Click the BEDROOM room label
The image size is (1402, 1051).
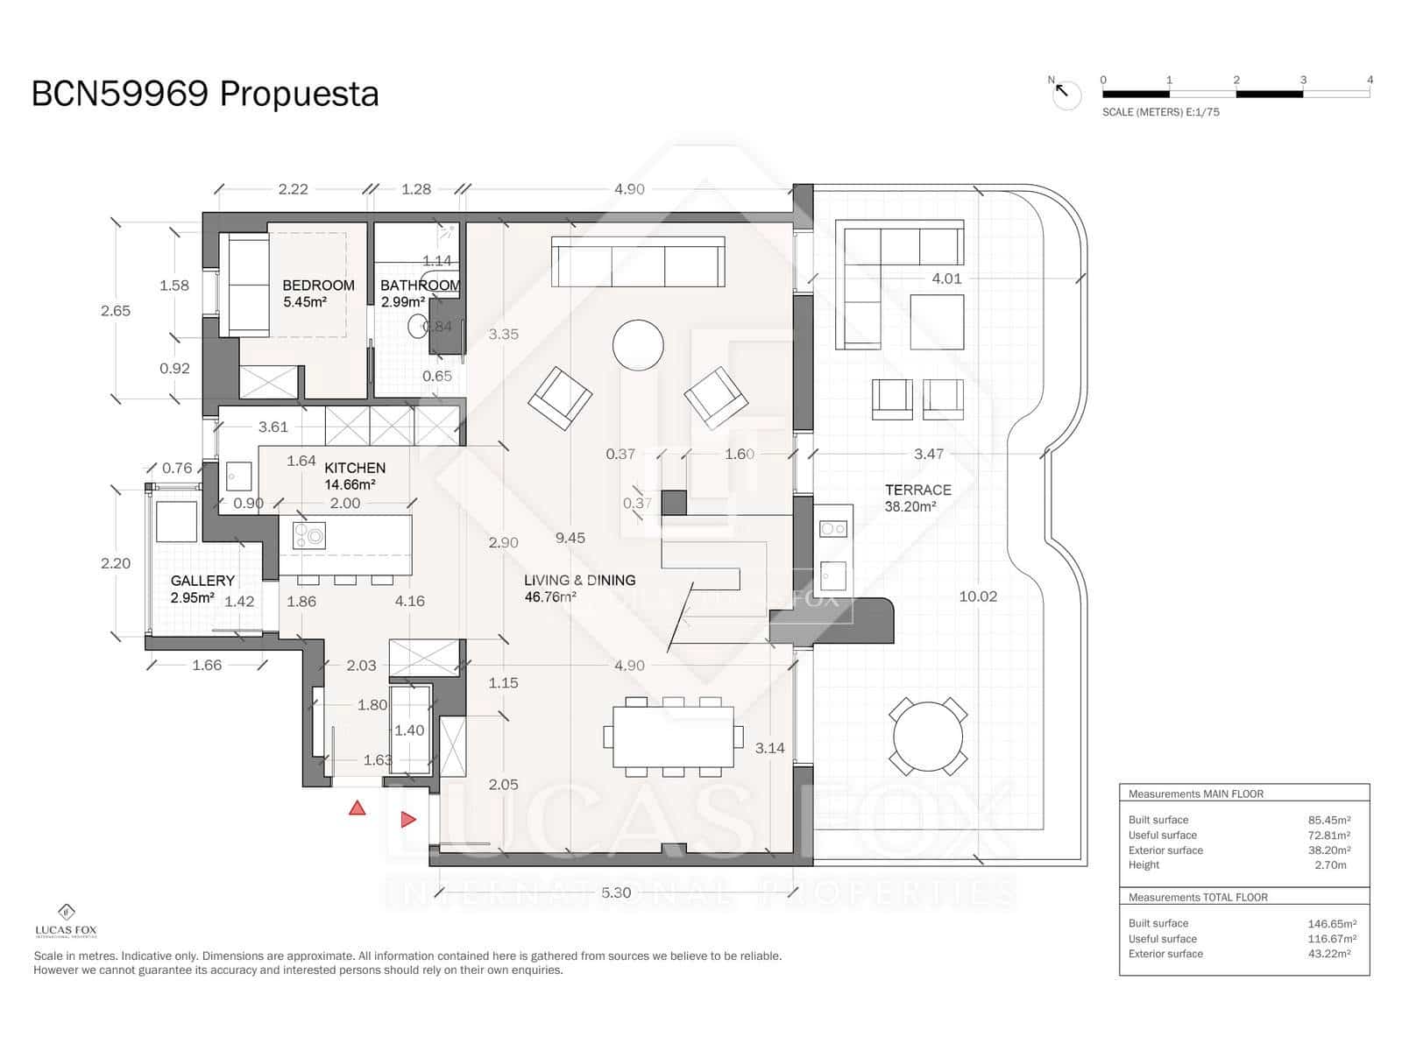coord(317,286)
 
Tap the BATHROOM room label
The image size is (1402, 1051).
coord(420,286)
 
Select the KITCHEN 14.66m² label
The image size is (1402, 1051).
coord(354,476)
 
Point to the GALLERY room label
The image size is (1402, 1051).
coord(202,581)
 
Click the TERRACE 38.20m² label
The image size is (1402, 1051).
coord(917,497)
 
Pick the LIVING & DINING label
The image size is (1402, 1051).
coord(579,580)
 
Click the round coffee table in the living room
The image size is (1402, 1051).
coord(638,346)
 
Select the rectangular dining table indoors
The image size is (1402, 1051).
coord(672,737)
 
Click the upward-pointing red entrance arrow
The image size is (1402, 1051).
coord(357,808)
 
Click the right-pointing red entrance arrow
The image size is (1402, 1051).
coord(408,820)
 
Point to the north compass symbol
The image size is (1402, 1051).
coord(1066,93)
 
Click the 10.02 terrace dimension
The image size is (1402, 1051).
coord(978,596)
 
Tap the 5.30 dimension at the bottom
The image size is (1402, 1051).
coord(616,892)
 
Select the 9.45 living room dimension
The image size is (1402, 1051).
coord(570,538)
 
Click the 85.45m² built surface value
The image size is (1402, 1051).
coord(1328,821)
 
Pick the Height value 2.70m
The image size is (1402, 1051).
coord(1330,864)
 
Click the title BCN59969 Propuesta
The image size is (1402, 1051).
coord(205,94)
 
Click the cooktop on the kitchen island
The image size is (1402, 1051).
coord(309,535)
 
